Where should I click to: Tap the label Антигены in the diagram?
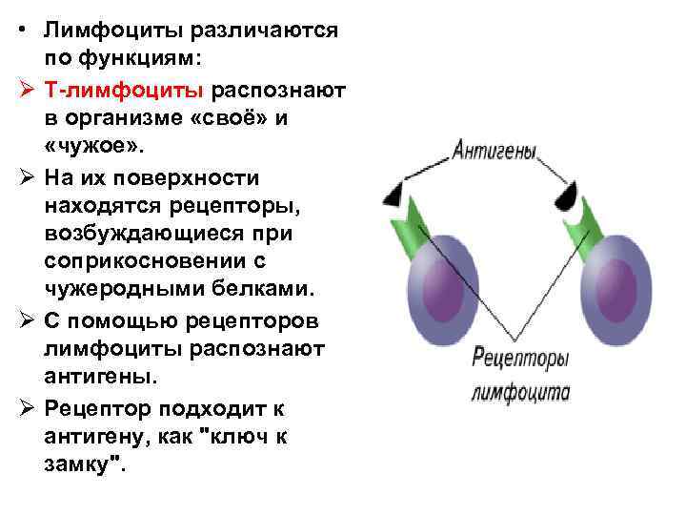tap(494, 152)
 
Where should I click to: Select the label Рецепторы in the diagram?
tap(520, 359)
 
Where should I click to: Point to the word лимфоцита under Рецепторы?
tap(519, 392)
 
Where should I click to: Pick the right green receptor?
tap(582, 225)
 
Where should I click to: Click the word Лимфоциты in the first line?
tap(112, 31)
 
